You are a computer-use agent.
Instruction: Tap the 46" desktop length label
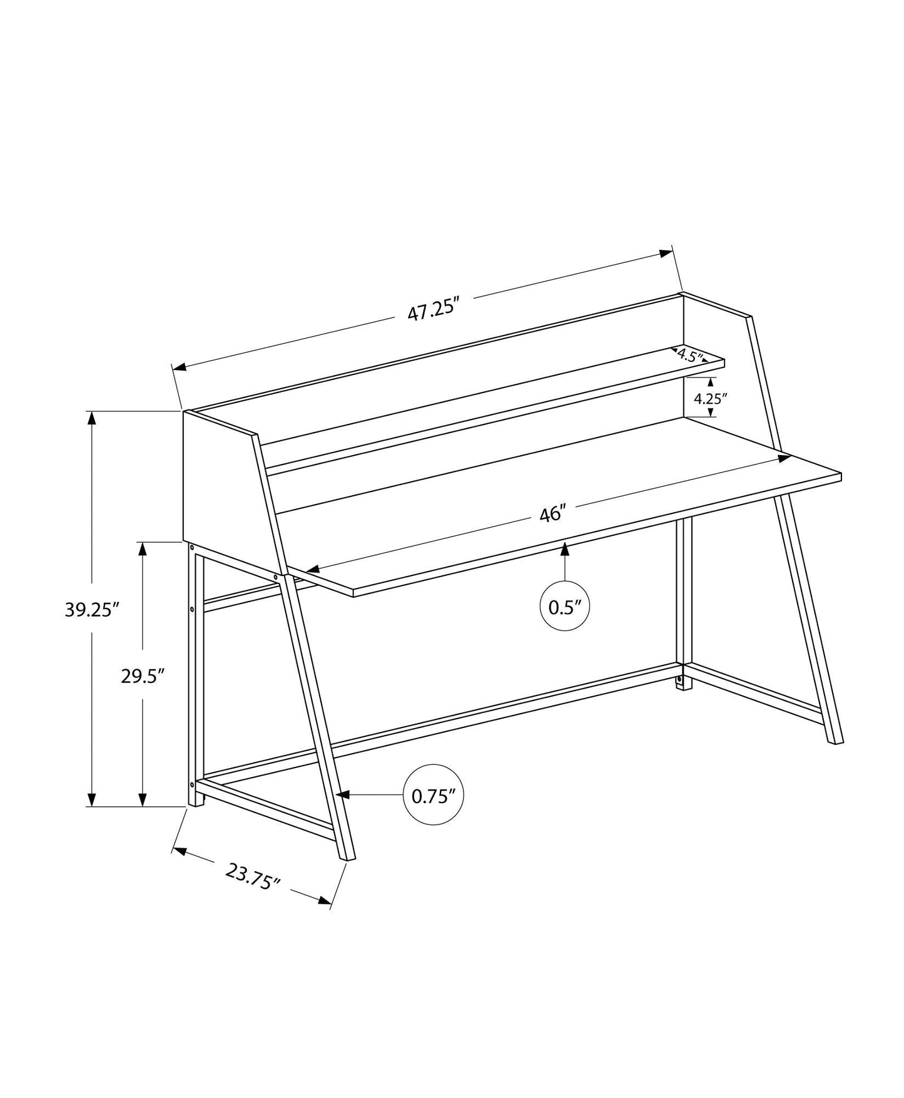552,514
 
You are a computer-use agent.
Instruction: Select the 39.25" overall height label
92,609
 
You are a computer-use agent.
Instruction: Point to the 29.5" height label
143,676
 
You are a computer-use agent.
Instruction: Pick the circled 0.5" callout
565,606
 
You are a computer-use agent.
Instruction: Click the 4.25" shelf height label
710,398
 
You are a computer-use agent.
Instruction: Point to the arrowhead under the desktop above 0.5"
565,549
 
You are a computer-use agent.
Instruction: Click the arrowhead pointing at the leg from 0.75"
342,795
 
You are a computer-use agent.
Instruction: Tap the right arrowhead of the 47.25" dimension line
667,252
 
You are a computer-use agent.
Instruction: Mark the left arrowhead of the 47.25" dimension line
180,367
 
